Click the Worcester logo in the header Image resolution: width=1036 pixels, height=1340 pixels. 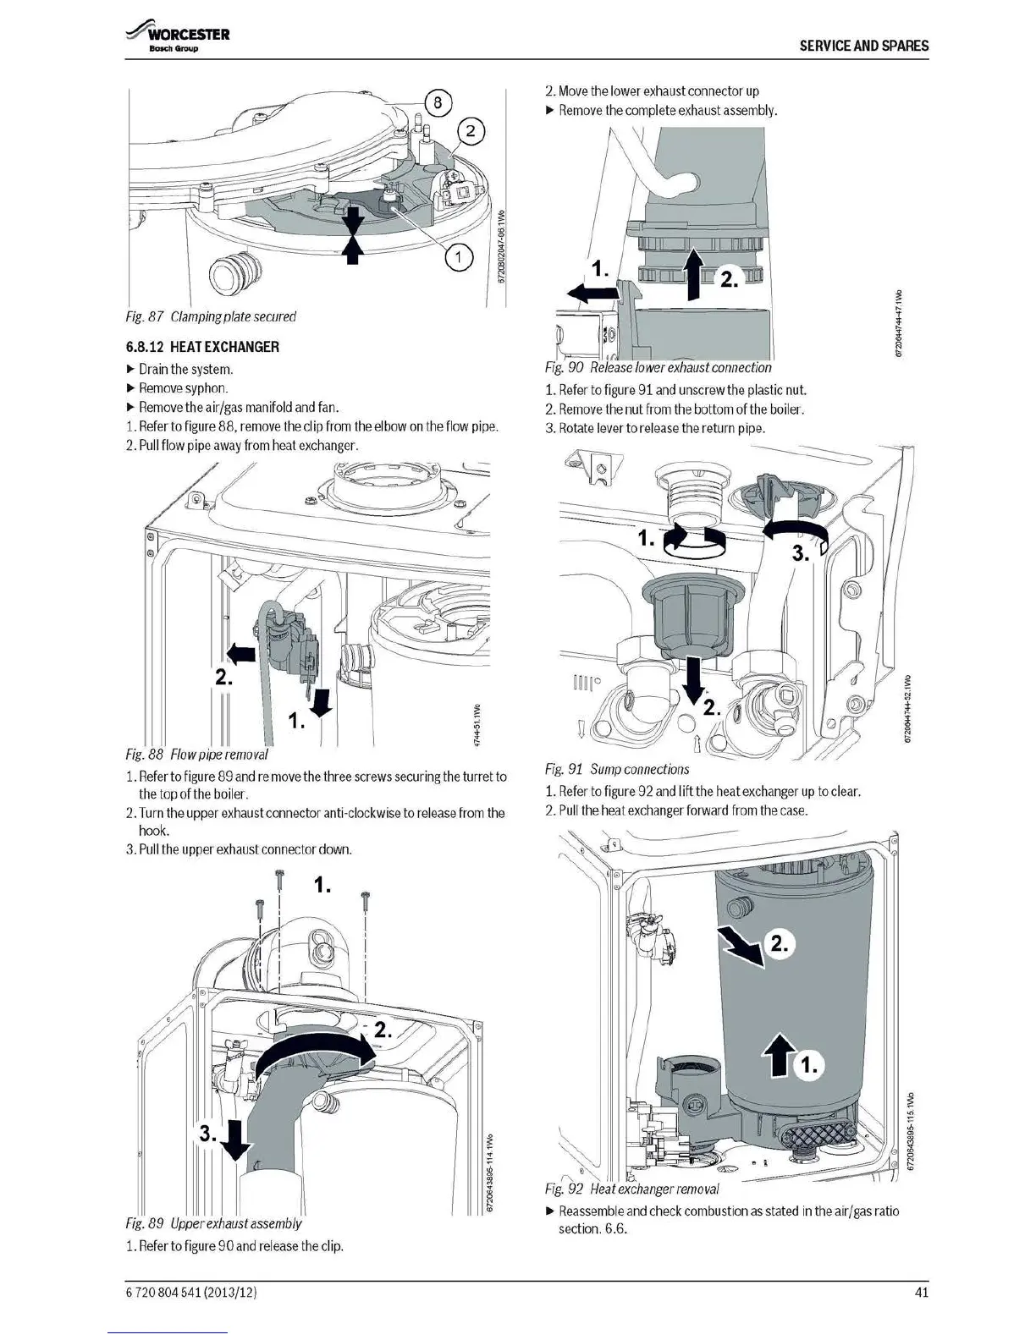(178, 38)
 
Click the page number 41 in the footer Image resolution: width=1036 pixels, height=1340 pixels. (922, 1292)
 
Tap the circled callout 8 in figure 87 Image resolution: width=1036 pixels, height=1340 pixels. (437, 104)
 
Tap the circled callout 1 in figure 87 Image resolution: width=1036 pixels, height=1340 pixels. (458, 259)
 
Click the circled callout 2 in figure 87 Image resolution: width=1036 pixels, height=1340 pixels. (471, 132)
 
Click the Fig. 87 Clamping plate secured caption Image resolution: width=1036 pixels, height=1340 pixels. (211, 316)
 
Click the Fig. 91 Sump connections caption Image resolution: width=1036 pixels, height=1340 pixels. (617, 769)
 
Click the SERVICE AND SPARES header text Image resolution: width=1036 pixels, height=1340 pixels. (863, 46)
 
